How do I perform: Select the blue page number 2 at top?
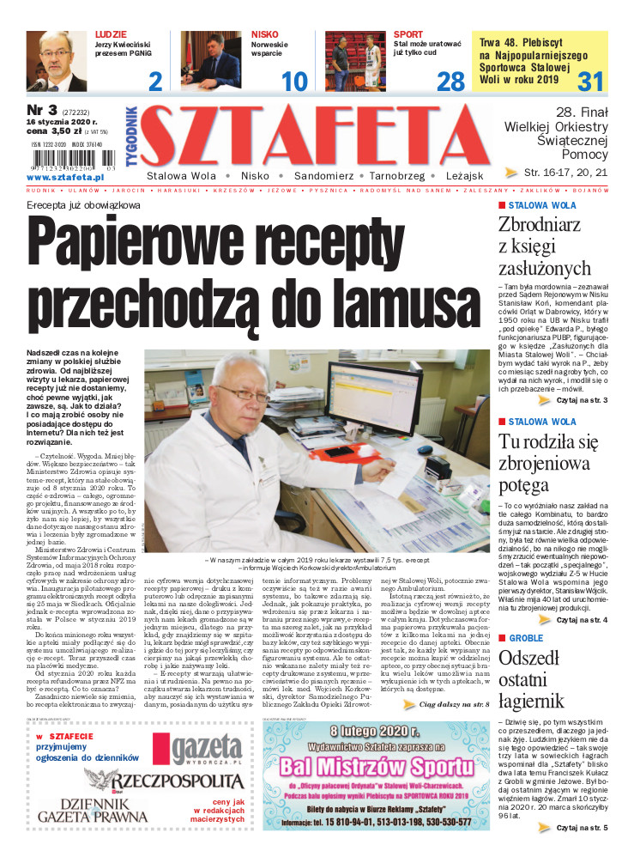click(155, 82)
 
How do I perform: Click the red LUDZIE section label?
click(112, 35)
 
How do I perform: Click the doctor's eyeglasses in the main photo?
click(240, 396)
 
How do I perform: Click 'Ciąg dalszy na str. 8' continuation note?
click(454, 704)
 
